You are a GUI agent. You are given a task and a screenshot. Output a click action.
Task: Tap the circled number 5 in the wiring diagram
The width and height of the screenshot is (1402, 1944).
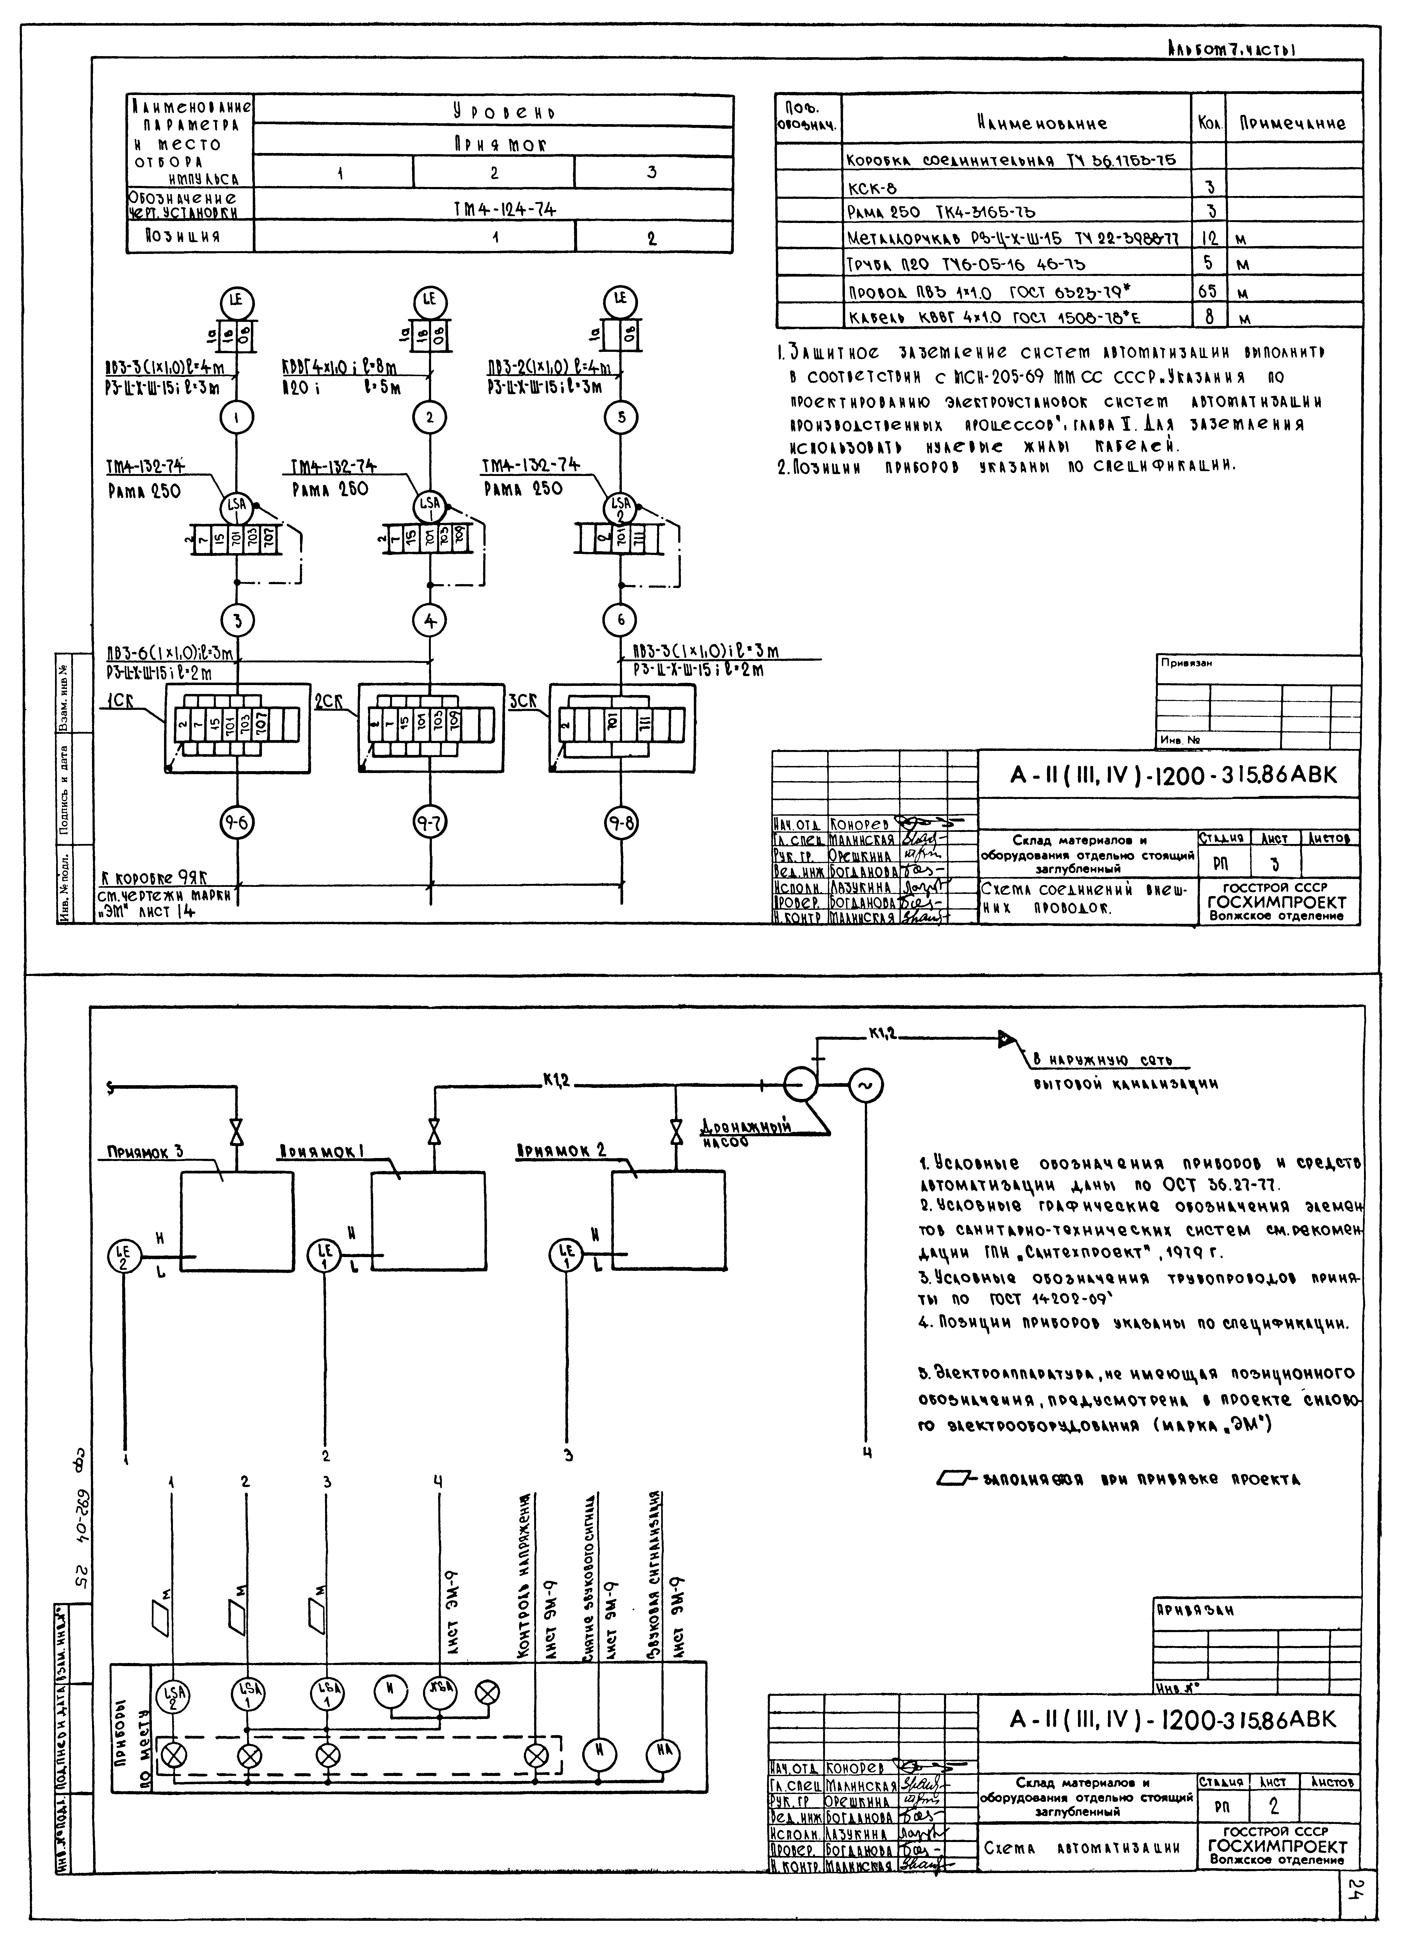tap(620, 417)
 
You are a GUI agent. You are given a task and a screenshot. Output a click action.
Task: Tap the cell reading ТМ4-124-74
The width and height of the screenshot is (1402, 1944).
tap(494, 208)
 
